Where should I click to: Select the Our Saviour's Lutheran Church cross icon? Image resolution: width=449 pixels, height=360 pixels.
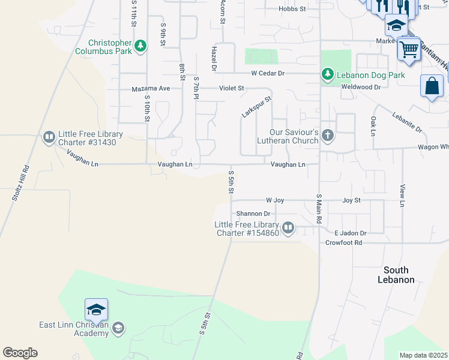point(327,135)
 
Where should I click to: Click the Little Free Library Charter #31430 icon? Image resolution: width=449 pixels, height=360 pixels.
point(49,138)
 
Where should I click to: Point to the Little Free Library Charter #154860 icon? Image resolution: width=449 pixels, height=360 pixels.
point(288,227)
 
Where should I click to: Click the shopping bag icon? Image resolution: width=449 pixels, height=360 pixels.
point(432,86)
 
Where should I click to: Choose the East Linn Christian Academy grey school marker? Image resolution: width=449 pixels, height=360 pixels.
point(118,327)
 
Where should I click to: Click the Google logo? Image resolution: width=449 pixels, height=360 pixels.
point(20,353)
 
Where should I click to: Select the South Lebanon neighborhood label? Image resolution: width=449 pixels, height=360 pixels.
point(396,275)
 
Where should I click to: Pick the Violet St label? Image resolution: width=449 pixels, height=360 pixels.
point(231,88)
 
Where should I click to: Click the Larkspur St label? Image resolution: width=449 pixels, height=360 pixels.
point(257,107)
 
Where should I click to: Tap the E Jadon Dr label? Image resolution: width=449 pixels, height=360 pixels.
point(350,233)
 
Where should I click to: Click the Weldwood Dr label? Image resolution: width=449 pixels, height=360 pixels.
point(361,87)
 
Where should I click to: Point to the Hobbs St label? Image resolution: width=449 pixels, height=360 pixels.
point(292,9)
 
